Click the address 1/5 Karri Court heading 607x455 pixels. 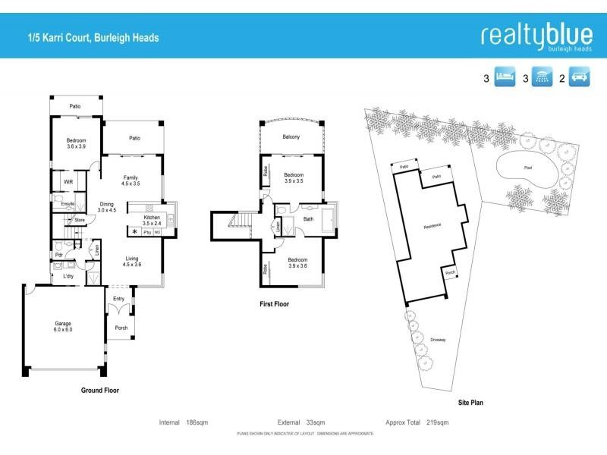[x=93, y=37]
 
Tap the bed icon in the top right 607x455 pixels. [x=505, y=77]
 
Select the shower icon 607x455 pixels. [x=542, y=77]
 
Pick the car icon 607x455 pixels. [x=579, y=77]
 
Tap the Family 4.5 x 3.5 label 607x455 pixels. [x=132, y=180]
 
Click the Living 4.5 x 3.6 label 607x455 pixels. [x=133, y=262]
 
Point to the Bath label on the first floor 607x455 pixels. [x=308, y=219]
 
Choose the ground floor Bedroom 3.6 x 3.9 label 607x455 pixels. [x=76, y=143]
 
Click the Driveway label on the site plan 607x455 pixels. [x=438, y=340]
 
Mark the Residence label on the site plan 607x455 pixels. [x=432, y=226]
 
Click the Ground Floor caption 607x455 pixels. [x=100, y=391]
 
